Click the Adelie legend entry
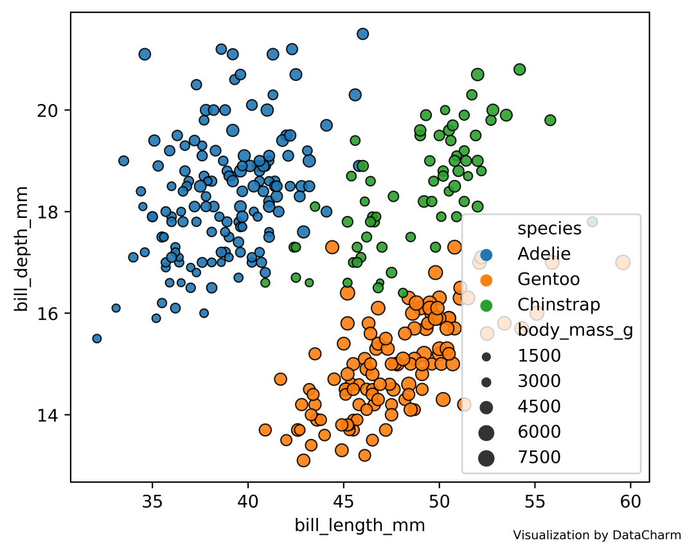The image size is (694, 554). click(544, 254)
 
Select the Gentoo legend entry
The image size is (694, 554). click(548, 279)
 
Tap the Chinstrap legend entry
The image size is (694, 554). click(558, 304)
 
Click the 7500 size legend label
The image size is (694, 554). click(539, 457)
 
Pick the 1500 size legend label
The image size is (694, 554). click(539, 355)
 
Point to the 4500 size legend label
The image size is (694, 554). click(539, 406)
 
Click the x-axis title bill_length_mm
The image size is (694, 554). click(360, 525)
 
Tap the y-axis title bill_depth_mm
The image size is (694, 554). click(22, 249)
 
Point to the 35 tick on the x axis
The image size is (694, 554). click(152, 498)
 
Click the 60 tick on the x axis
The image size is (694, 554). click(630, 498)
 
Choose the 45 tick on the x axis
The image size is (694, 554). click(344, 498)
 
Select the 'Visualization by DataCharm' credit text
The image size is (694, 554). click(597, 535)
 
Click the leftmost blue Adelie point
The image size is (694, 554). click(97, 338)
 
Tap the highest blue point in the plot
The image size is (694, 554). click(362, 34)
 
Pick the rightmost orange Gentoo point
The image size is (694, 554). click(623, 262)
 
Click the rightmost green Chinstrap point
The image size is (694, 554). click(592, 222)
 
